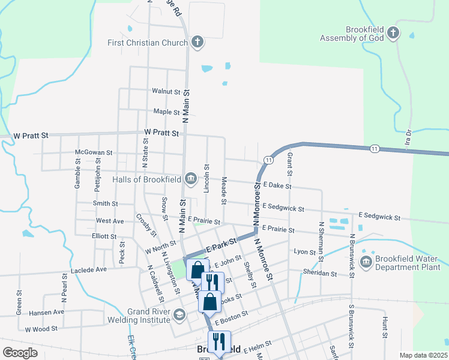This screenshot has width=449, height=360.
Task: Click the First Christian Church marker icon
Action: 197,42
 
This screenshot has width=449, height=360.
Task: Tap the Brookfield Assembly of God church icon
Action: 393,33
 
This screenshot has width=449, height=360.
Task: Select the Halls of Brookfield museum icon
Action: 190,178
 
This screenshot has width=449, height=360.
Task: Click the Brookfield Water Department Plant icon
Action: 366,262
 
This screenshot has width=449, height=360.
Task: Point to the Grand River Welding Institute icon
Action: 179,315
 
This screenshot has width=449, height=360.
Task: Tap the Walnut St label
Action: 166,92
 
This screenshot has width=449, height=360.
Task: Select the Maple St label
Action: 166,112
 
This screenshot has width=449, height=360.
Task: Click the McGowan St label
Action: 95,153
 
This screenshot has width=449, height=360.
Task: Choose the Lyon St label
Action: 304,252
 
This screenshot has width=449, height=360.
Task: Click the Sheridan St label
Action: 320,273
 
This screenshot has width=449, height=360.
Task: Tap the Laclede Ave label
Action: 88,270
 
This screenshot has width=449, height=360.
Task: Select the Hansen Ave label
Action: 46,313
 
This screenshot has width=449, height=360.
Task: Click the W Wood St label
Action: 41,329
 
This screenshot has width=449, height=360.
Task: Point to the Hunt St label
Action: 384,325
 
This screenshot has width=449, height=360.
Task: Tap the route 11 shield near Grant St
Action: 268,160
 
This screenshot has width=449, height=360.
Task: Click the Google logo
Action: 20,353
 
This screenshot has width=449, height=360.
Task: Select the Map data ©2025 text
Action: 423,355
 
